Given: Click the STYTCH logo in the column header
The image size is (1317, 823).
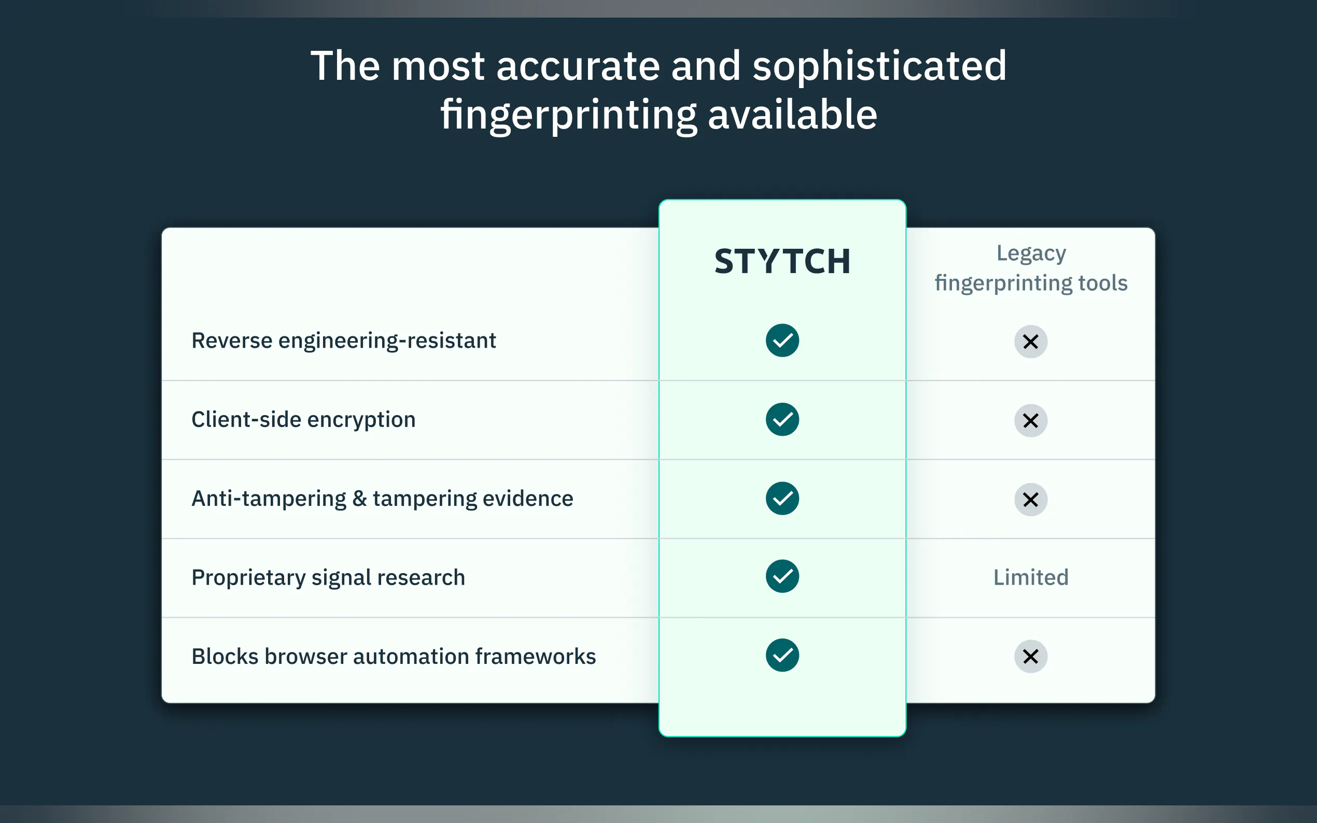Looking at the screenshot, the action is point(782,261).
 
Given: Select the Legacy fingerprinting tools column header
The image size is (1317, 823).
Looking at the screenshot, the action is point(1031,268).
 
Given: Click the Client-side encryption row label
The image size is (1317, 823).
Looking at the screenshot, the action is point(303,420).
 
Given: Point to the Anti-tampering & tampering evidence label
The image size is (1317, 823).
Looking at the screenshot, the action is point(382,499).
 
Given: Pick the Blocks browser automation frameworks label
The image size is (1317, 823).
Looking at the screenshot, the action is point(394,657).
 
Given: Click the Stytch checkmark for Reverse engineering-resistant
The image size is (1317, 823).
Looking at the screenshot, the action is point(782,340).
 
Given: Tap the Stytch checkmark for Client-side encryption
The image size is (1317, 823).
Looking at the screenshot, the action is point(782,419).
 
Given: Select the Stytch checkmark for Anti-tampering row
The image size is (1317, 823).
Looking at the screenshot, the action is point(782,498).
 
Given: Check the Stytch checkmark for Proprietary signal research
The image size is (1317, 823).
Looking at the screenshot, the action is point(782,576).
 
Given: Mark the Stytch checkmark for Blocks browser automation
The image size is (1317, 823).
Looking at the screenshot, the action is point(782,655).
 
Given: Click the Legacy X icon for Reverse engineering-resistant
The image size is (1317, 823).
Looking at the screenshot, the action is point(1031,342).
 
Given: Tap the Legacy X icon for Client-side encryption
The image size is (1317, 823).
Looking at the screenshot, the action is point(1031,421).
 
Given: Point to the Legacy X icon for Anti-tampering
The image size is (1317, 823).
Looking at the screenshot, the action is point(1031,500).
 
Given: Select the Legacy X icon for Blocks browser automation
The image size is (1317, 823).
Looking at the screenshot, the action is point(1031,657).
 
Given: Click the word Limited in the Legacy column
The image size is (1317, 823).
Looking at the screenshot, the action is point(1031,577).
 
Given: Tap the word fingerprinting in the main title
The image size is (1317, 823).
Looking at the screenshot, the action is point(568,116).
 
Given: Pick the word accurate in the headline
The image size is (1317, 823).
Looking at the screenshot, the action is point(578,66).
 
